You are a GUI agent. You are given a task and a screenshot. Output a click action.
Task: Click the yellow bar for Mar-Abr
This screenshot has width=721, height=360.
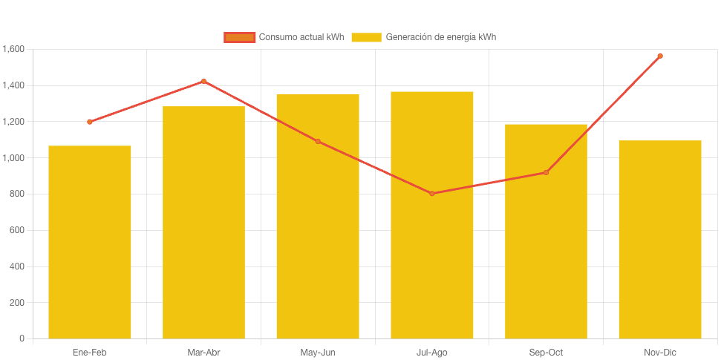point(203,223)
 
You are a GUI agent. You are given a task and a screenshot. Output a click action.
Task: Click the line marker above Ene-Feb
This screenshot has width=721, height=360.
point(90,122)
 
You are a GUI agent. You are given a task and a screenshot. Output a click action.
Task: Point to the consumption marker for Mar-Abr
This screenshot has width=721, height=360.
point(203,82)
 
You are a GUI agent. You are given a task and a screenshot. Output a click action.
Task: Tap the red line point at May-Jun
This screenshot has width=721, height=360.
point(318,141)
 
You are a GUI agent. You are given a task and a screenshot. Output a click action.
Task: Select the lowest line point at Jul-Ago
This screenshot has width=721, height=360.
point(432,194)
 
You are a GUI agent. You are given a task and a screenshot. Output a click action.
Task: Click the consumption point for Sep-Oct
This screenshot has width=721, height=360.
point(546,172)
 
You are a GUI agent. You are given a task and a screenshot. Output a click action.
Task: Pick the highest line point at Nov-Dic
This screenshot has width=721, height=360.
point(660,56)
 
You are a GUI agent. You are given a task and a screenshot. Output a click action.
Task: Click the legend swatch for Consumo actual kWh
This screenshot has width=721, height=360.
point(239,37)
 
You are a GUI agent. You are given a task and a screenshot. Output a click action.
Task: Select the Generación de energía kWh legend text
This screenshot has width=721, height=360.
point(440,37)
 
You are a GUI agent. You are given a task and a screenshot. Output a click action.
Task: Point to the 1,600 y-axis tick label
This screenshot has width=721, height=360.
point(13,50)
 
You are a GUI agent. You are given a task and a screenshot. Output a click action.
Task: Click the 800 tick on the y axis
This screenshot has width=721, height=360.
point(17,194)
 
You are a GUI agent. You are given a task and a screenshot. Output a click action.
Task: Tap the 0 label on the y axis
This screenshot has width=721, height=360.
point(22,338)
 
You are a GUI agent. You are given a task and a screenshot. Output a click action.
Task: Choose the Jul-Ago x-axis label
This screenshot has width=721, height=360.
point(432,353)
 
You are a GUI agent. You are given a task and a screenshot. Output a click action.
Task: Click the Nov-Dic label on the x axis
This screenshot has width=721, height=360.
point(660,353)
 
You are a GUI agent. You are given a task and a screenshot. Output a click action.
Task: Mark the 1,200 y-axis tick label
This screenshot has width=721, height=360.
point(13,122)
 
